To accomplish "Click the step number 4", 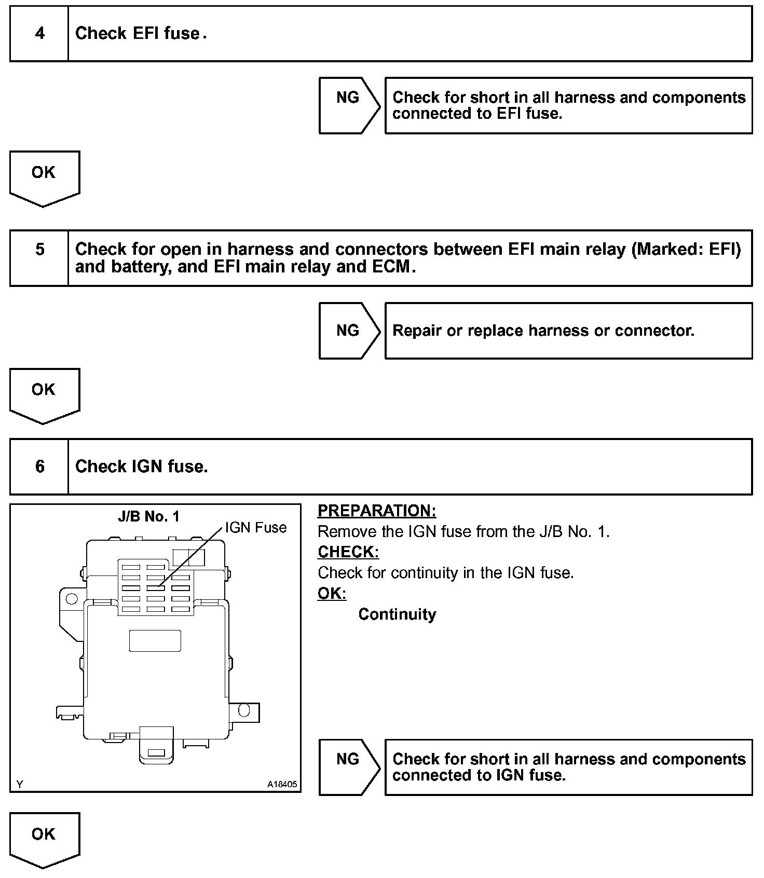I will [x=39, y=34].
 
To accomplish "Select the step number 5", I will [x=39, y=250].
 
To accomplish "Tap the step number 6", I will [x=39, y=467].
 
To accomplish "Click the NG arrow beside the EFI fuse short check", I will [x=348, y=105].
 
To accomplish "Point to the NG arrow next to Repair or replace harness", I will [x=348, y=331].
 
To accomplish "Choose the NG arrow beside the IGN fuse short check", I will [x=348, y=766].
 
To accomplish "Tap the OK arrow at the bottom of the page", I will [x=44, y=839].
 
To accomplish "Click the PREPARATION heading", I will [x=377, y=511].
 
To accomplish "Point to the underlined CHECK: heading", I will [x=348, y=552].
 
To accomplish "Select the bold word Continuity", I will [x=397, y=614].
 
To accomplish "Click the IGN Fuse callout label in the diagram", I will [x=256, y=528].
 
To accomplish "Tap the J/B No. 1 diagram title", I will [x=148, y=516].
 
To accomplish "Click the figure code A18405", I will [x=282, y=784].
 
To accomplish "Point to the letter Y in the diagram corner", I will [x=20, y=784].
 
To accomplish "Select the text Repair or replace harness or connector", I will [x=543, y=331].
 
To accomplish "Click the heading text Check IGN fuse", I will [x=141, y=467].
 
